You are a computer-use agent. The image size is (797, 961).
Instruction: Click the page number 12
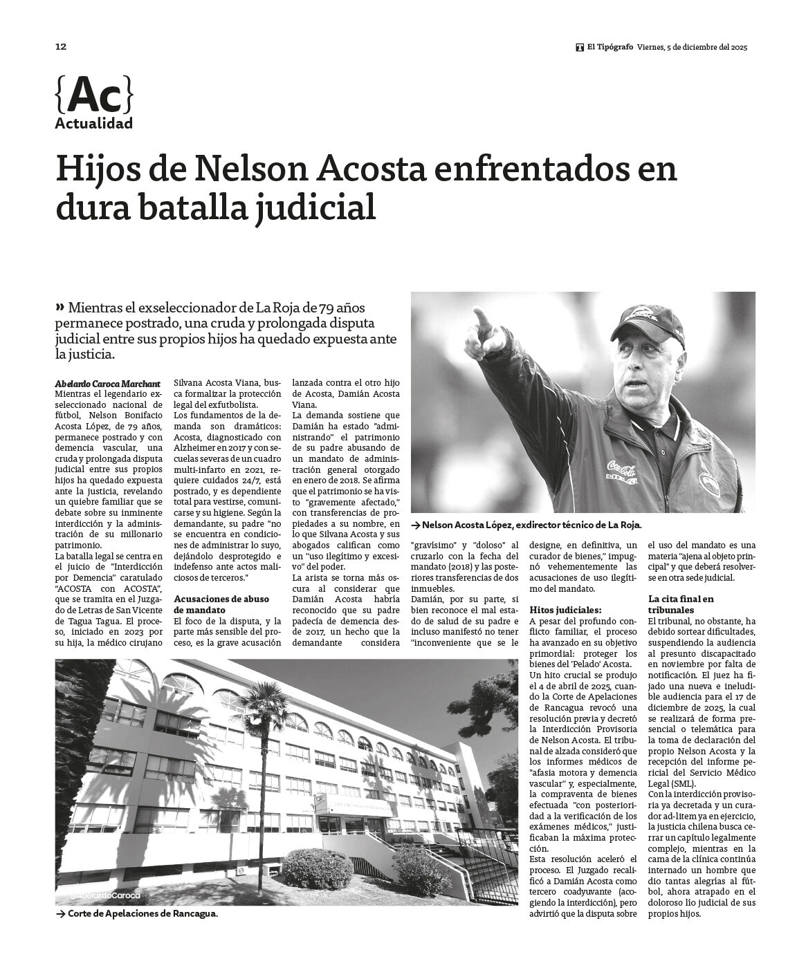click(x=60, y=47)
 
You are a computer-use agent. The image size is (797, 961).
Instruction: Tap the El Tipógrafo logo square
click(x=580, y=48)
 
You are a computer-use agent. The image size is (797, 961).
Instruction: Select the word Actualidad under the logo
click(x=93, y=124)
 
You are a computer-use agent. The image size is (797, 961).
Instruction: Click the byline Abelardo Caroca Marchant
click(x=107, y=383)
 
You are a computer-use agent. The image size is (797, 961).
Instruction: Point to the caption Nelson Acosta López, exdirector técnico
click(x=531, y=525)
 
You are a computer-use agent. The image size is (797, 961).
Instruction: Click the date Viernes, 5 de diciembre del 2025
click(x=692, y=48)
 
